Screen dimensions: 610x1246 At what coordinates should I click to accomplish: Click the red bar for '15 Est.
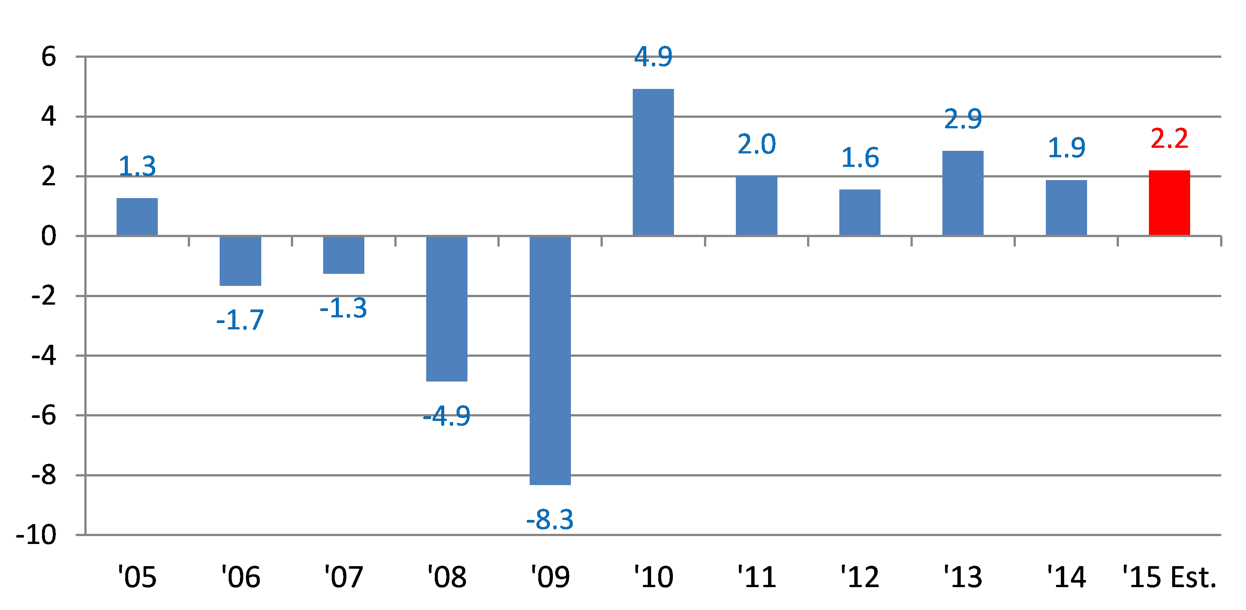point(1169,203)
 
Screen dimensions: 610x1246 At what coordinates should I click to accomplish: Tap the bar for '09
point(550,360)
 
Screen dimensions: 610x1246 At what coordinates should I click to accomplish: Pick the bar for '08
point(446,308)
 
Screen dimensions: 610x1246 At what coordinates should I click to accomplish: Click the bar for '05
point(137,217)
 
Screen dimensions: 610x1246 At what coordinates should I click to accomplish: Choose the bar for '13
point(963,193)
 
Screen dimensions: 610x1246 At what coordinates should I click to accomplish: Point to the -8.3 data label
point(550,520)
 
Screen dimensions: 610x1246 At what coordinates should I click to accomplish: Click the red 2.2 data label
point(1169,139)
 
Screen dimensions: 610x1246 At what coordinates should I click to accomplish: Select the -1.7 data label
point(240,320)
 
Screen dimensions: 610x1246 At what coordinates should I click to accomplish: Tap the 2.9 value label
point(963,119)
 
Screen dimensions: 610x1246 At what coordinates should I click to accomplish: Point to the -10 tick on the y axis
point(36,535)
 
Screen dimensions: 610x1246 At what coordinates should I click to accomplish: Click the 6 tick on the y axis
point(48,57)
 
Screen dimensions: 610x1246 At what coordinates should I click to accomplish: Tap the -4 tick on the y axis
point(43,356)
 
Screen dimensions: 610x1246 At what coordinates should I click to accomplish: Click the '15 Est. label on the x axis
point(1169,577)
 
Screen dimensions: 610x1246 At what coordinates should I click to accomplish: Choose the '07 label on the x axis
point(343,577)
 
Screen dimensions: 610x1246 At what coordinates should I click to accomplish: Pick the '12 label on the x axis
point(860,577)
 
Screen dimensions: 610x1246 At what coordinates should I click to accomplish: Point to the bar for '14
point(1066,208)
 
